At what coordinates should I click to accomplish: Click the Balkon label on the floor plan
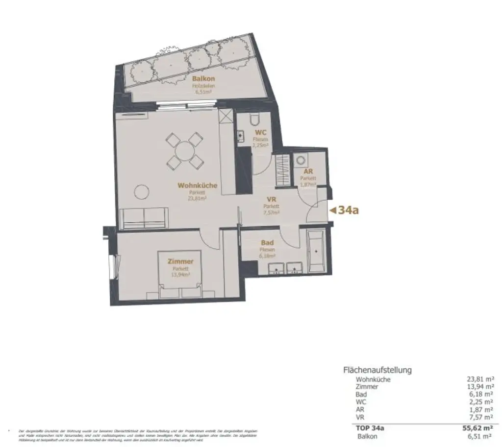[x=203, y=78]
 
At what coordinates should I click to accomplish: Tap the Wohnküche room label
[x=197, y=186]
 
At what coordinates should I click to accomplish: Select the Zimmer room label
[x=180, y=261]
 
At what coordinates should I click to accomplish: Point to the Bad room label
[x=267, y=243]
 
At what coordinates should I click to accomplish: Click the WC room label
[x=260, y=133]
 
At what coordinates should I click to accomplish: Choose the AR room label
[x=308, y=172]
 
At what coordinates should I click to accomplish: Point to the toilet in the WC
[x=253, y=120]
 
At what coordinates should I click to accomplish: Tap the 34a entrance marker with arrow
[x=345, y=211]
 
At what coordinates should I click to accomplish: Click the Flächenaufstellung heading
[x=377, y=370]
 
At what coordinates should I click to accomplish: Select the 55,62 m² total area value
[x=478, y=428]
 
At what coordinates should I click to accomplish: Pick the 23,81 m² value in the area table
[x=480, y=379]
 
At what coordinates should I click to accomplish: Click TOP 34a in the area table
[x=370, y=428]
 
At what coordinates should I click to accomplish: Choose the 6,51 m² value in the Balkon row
[x=480, y=436]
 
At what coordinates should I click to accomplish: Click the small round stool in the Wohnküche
[x=142, y=191]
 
